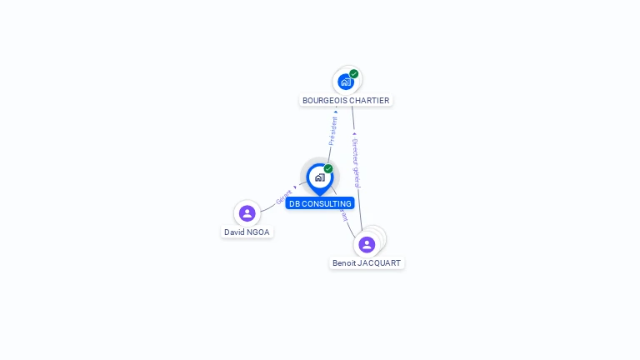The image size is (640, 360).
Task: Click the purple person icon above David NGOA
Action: click(x=247, y=213)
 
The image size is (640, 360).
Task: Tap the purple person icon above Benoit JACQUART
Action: click(x=367, y=244)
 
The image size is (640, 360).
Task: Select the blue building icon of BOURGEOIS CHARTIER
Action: click(x=346, y=82)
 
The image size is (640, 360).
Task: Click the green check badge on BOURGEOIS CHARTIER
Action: click(x=354, y=74)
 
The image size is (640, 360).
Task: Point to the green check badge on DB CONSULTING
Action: click(x=328, y=169)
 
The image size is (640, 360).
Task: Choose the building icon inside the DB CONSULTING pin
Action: click(x=319, y=177)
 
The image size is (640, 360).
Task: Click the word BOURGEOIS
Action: click(x=324, y=101)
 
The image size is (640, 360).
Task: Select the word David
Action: click(x=232, y=232)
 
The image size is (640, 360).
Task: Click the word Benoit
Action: click(x=344, y=263)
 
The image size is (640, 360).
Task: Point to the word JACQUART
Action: click(x=379, y=263)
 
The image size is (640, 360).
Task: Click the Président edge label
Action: click(x=333, y=131)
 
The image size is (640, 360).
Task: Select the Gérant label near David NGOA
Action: click(x=284, y=197)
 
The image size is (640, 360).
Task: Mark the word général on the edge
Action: click(x=357, y=176)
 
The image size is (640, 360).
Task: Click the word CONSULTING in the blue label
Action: click(x=327, y=204)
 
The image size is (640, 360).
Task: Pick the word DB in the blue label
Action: click(x=294, y=204)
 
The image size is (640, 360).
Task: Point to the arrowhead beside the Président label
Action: click(x=336, y=111)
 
